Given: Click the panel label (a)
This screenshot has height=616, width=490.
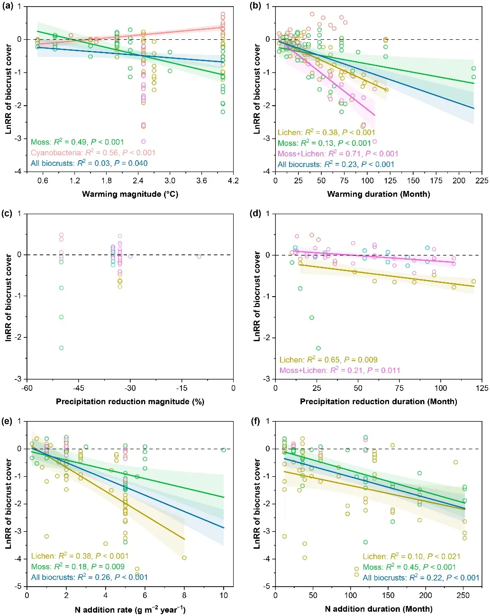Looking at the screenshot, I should pyautogui.click(x=8, y=6).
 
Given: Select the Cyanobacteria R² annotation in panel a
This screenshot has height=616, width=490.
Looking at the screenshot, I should pyautogui.click(x=93, y=153).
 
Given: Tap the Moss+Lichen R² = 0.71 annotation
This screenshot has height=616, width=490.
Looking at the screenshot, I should pyautogui.click(x=338, y=154).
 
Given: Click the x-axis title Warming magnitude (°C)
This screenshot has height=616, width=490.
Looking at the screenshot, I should pyautogui.click(x=130, y=194).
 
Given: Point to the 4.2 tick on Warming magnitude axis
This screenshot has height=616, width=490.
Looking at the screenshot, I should pyautogui.click(x=233, y=181).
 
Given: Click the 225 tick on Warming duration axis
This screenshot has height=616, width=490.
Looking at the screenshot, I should pyautogui.click(x=482, y=181).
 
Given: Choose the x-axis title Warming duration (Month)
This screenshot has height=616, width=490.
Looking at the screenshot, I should pyautogui.click(x=379, y=194).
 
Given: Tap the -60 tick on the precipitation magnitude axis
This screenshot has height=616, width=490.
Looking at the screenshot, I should pyautogui.click(x=27, y=388).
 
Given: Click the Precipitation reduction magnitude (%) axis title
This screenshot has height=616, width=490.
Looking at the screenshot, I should pyautogui.click(x=130, y=401).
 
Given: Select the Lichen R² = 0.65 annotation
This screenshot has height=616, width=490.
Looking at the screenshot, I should pyautogui.click(x=328, y=360).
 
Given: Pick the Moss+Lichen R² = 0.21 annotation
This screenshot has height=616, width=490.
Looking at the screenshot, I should pyautogui.click(x=340, y=370).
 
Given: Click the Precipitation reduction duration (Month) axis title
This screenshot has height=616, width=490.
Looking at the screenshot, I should pyautogui.click(x=379, y=401).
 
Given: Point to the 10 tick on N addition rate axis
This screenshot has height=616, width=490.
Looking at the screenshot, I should pyautogui.click(x=224, y=596).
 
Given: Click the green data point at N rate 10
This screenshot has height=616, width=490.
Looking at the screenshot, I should pyautogui.click(x=224, y=450).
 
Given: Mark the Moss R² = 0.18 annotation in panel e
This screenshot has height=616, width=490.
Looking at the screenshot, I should pyautogui.click(x=78, y=567).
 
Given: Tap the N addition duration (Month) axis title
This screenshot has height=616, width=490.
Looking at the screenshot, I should pyautogui.click(x=379, y=609).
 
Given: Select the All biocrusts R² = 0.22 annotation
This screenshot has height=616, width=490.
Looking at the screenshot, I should pyautogui.click(x=421, y=578).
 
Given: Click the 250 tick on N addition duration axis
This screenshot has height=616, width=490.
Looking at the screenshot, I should pyautogui.click(x=463, y=596).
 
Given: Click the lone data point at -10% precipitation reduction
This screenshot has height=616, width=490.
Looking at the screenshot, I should pyautogui.click(x=199, y=256).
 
